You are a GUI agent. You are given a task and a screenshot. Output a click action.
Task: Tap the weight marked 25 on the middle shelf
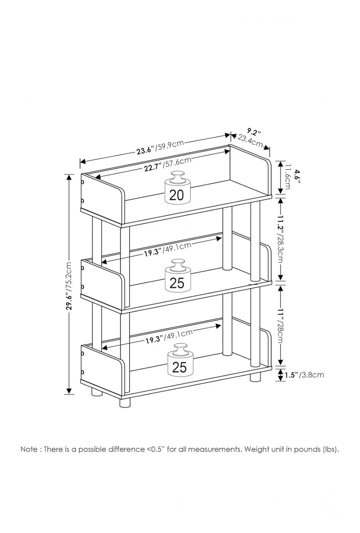[178, 276]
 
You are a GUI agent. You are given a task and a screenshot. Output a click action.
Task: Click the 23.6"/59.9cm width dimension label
[160, 147]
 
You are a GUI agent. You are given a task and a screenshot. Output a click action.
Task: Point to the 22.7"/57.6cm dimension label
[167, 164]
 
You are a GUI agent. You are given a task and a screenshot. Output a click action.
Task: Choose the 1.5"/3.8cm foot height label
[304, 375]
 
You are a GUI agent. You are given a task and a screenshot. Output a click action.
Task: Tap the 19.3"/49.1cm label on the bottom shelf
[169, 336]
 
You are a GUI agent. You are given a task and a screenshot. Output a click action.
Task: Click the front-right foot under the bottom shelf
[125, 402]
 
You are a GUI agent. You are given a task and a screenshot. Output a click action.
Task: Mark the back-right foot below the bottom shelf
[255, 378]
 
